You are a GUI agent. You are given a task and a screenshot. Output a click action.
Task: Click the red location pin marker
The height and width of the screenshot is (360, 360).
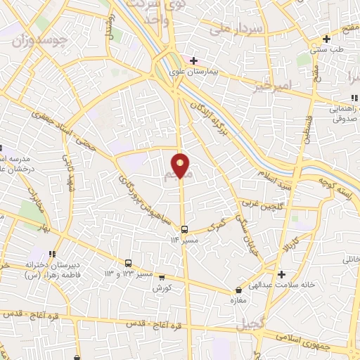tap(181, 165)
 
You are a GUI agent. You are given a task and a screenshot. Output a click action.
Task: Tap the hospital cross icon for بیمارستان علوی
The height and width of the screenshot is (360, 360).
tap(193, 60)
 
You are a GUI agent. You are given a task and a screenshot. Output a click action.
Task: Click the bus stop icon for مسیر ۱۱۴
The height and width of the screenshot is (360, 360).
tap(184, 229)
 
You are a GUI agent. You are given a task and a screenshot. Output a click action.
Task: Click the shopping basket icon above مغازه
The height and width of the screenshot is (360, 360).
tap(238, 289)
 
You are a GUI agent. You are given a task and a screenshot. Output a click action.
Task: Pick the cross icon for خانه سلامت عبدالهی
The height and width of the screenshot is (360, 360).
tap(282, 274)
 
